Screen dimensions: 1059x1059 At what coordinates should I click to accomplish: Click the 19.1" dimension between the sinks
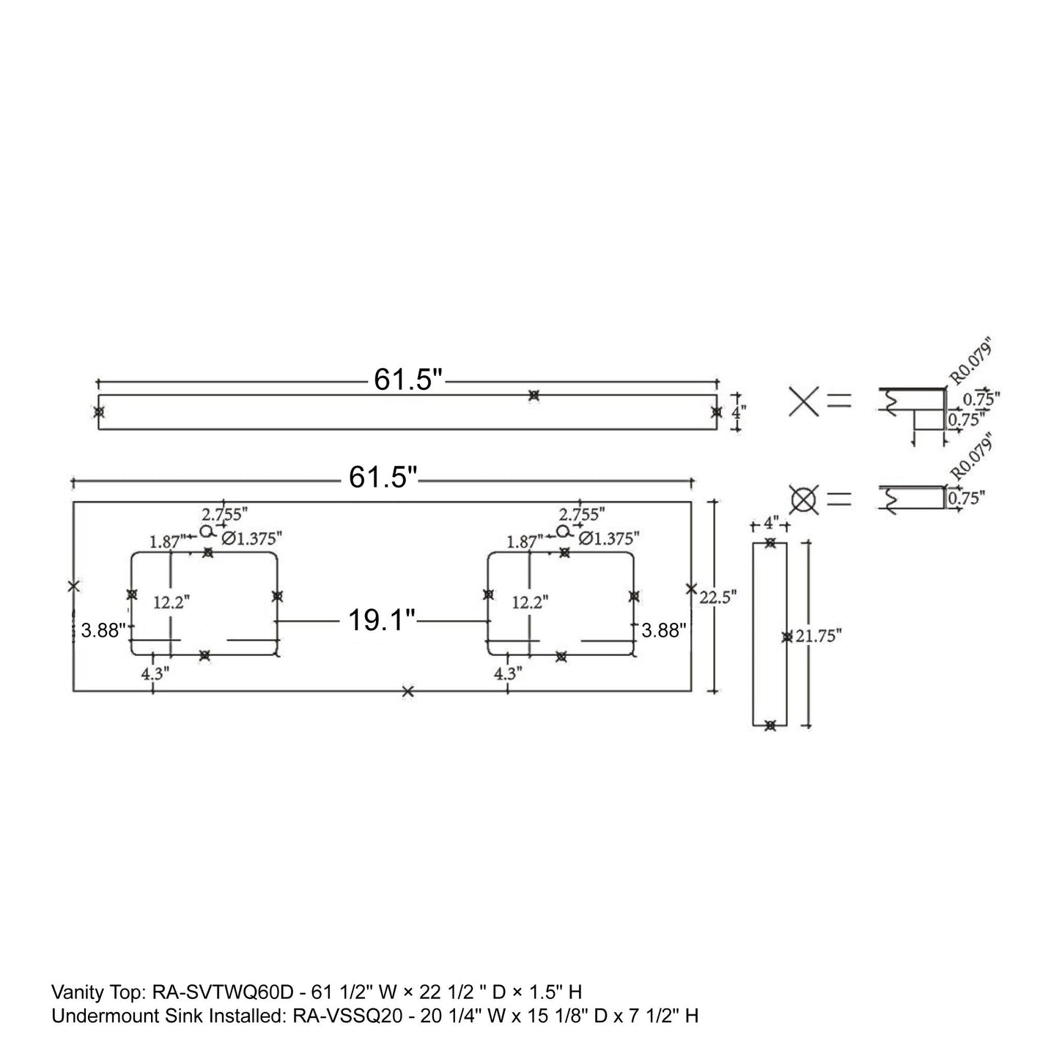382,621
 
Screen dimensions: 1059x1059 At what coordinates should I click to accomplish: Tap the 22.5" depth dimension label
717,597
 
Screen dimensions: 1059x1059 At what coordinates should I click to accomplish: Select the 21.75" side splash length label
819,636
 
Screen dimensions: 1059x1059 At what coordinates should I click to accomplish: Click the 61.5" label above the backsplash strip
407,379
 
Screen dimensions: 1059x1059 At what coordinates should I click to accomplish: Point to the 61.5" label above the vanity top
383,476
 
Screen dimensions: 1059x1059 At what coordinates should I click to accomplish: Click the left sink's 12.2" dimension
171,602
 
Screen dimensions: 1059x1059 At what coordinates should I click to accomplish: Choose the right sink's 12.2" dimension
531,602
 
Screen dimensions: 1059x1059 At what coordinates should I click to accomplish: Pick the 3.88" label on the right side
664,630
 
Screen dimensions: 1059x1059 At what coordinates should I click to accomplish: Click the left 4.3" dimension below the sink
155,673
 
